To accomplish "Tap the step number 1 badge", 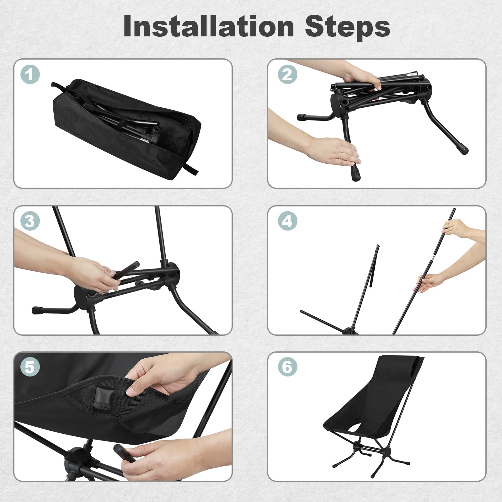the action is point(30,75).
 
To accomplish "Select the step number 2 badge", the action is point(287,74).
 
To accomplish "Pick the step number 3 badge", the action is point(30,221).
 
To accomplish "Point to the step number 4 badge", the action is point(287,221).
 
